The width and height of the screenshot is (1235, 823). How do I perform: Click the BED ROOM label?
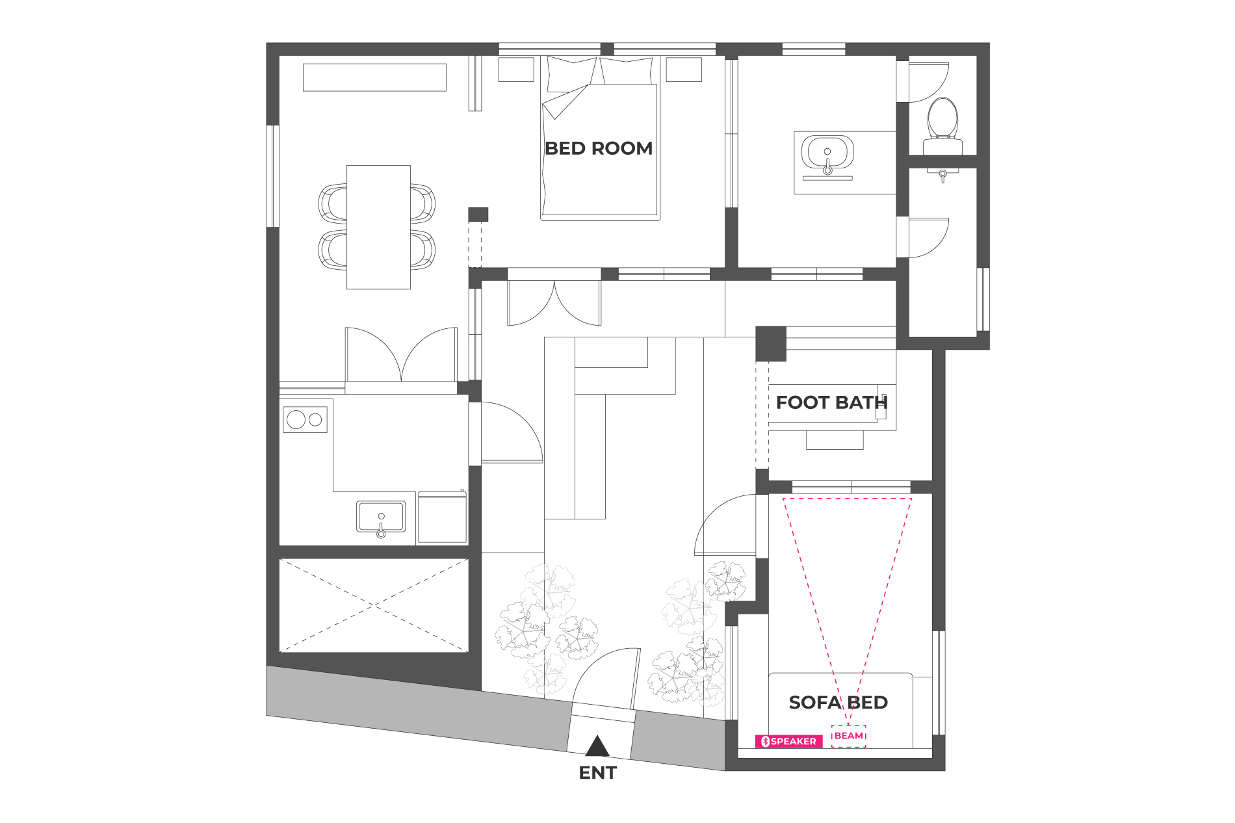point(599,148)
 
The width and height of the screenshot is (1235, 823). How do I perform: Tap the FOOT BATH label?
point(831,402)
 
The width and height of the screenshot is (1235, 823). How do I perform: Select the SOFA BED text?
point(838,702)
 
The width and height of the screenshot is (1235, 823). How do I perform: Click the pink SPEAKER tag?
point(788,741)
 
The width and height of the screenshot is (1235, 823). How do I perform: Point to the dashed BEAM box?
point(849,736)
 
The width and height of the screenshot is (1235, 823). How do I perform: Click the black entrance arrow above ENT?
point(597,746)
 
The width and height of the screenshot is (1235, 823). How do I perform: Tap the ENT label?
point(597,773)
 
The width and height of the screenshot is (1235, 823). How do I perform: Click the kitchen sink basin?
point(381,517)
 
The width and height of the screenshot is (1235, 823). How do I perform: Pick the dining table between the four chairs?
point(378,227)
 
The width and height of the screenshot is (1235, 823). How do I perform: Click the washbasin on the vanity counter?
point(827,155)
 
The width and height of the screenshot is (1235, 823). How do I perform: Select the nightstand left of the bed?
point(516,70)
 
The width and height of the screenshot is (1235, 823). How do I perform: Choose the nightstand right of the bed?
point(684,70)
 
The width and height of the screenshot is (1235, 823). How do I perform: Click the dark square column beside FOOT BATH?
point(771,344)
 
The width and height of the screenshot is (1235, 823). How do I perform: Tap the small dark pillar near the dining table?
point(478,215)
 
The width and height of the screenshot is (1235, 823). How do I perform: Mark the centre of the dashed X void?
point(374,605)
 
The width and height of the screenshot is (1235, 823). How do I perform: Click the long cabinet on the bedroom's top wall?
point(374,77)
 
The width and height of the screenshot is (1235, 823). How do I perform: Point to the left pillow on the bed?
point(571,73)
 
